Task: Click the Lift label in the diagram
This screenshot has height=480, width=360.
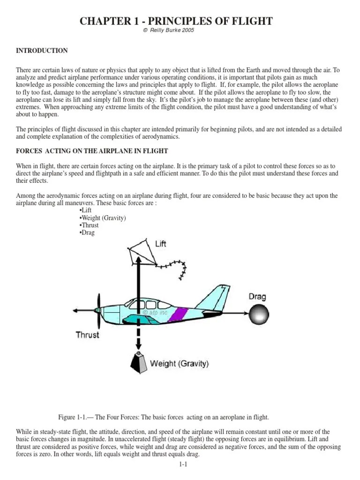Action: pyautogui.click(x=160, y=244)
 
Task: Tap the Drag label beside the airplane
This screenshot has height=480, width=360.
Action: pyautogui.click(x=257, y=296)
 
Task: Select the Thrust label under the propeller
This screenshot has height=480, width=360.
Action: pyautogui.click(x=88, y=335)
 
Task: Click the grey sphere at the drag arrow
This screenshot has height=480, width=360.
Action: pyautogui.click(x=259, y=314)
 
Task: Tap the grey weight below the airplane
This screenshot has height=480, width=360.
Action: pyautogui.click(x=139, y=362)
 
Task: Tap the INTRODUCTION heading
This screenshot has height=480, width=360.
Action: pyautogui.click(x=42, y=51)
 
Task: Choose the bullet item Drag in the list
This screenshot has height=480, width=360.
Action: pyautogui.click(x=88, y=232)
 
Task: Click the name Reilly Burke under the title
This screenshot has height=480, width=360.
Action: pyautogui.click(x=167, y=30)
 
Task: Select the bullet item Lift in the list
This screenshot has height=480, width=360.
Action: pyautogui.click(x=86, y=210)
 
